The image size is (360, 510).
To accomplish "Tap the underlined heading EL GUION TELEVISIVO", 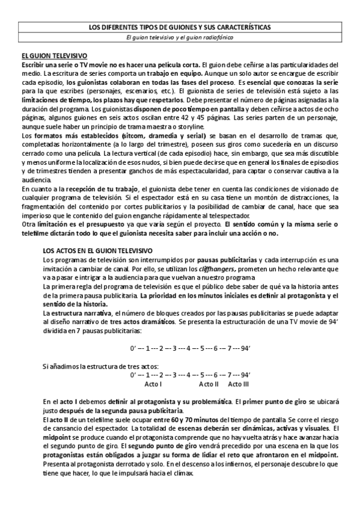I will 54,55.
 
